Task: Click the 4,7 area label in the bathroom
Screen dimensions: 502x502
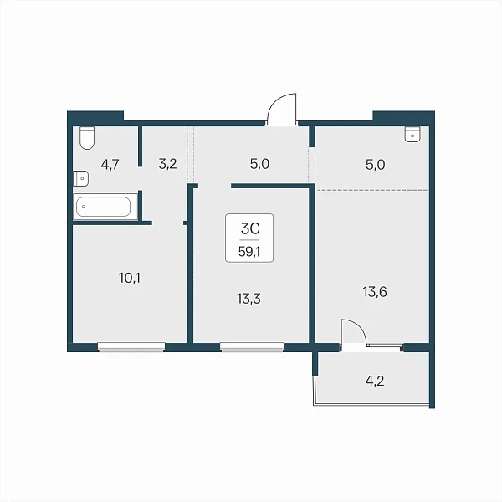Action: (x=110, y=165)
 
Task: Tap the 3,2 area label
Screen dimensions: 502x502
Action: (x=167, y=164)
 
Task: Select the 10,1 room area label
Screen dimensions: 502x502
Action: (x=130, y=279)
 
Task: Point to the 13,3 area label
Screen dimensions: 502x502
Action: (x=248, y=299)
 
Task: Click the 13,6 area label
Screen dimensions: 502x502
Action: (x=375, y=292)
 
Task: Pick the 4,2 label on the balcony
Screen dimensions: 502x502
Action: (x=375, y=381)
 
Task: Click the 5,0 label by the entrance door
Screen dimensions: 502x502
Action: (x=259, y=164)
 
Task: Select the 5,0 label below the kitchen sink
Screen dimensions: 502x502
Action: (x=375, y=165)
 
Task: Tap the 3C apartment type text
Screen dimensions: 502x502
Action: (x=250, y=228)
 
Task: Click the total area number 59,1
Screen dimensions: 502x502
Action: (x=249, y=252)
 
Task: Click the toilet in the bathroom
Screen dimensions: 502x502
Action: (x=87, y=138)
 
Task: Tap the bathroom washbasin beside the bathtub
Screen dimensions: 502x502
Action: (x=81, y=178)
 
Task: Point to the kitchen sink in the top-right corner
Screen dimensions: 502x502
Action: (x=412, y=134)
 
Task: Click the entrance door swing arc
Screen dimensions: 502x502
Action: (x=274, y=102)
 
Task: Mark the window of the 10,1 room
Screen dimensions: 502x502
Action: (x=131, y=347)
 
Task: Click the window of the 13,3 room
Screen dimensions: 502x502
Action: (x=252, y=347)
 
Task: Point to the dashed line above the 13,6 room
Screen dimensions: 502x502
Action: (x=372, y=190)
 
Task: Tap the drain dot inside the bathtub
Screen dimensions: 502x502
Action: (x=84, y=207)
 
